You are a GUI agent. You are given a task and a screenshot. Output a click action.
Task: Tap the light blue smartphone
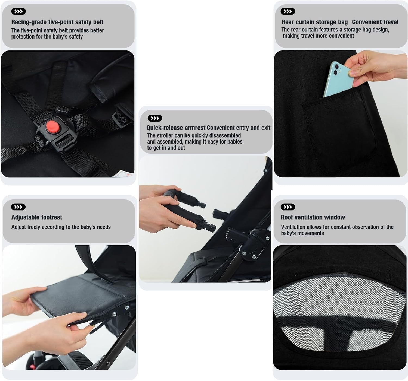coord(338,79)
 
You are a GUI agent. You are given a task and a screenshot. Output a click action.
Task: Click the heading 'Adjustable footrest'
coord(36,217)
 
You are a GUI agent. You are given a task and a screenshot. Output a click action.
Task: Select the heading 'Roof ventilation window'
coord(313,217)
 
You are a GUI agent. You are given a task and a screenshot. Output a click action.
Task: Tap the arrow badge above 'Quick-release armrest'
coord(155,118)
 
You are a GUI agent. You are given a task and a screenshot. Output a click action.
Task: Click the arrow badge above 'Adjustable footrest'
coord(18,207)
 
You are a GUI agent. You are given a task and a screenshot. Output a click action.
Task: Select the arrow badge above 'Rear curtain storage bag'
coord(288,11)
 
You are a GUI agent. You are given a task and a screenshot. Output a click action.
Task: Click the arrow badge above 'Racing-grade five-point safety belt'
coord(18,11)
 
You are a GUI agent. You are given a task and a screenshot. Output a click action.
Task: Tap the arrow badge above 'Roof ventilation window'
coord(288,207)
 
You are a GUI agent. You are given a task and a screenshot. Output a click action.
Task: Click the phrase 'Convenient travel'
coord(375,22)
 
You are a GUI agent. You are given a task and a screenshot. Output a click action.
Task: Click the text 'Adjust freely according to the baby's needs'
coord(61,227)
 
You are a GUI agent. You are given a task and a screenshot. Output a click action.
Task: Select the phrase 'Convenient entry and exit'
coord(239,128)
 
